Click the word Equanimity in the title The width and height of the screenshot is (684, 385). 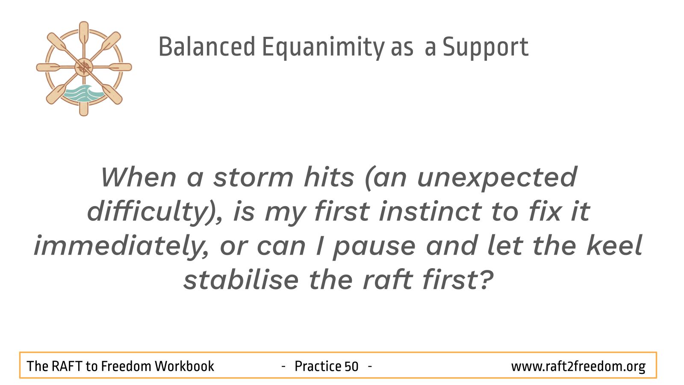[323, 47]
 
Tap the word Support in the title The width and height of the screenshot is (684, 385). [486, 47]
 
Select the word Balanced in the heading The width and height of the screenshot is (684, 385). [207, 47]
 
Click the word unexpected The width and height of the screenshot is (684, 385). [497, 179]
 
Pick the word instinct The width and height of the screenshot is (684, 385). [430, 211]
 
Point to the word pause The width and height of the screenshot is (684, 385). [374, 248]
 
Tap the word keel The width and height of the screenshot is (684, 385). [614, 246]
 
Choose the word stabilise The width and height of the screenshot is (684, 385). [241, 280]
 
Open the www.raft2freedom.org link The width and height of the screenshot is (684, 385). [578, 367]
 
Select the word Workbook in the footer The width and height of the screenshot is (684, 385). [184, 366]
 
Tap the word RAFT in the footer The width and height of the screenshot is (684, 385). [67, 366]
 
